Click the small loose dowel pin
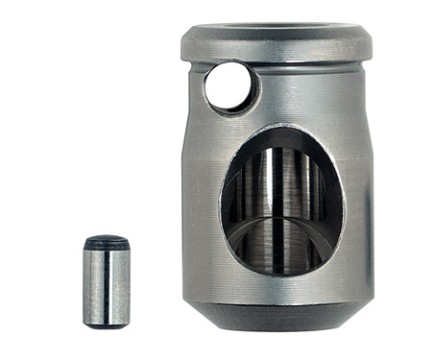click(106, 283)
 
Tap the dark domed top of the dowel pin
click(106, 242)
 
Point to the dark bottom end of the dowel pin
click(106, 324)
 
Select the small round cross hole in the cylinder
click(230, 86)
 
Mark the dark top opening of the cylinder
click(278, 28)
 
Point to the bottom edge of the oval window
click(280, 275)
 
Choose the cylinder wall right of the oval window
click(357, 202)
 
